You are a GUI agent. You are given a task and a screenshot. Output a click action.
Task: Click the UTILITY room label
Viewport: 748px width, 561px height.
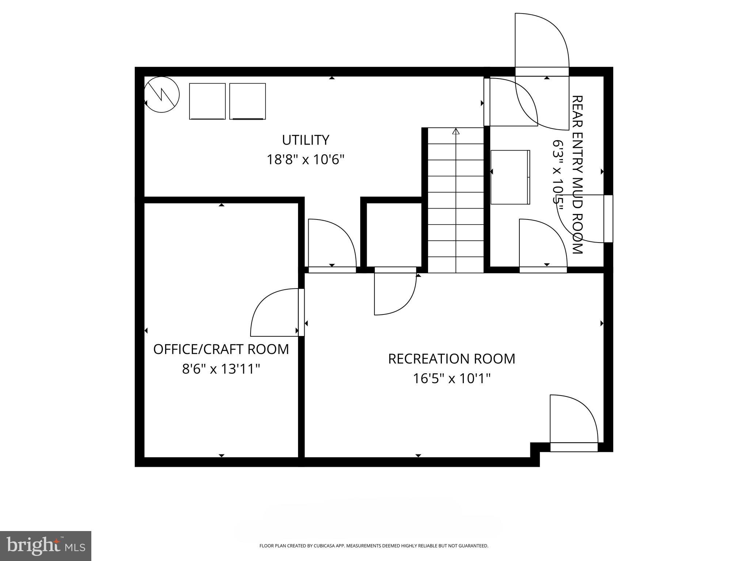point(305,140)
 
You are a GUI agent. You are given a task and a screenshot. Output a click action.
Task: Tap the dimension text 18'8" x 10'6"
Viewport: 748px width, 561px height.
point(305,160)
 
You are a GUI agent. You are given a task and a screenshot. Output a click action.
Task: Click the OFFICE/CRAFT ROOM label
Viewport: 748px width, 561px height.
point(221,349)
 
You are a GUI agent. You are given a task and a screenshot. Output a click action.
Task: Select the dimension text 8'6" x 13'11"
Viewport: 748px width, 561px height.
point(221,369)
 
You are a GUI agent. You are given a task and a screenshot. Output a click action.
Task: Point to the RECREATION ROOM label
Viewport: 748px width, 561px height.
point(451,359)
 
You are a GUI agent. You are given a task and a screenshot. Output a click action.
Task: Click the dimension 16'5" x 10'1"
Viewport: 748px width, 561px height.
point(451,378)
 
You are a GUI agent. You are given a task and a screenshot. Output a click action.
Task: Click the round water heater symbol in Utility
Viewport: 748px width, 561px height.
point(162,94)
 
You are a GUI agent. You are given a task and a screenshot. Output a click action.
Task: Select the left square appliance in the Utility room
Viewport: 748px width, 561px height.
point(207,101)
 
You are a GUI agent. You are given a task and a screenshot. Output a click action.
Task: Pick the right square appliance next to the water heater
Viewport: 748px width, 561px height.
point(247,101)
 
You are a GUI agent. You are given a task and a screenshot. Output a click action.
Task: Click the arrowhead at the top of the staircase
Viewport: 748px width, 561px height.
point(455,131)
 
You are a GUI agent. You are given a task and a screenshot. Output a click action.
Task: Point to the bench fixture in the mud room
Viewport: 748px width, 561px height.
point(510,177)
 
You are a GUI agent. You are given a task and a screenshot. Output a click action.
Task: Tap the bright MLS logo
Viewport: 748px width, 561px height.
point(46,546)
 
